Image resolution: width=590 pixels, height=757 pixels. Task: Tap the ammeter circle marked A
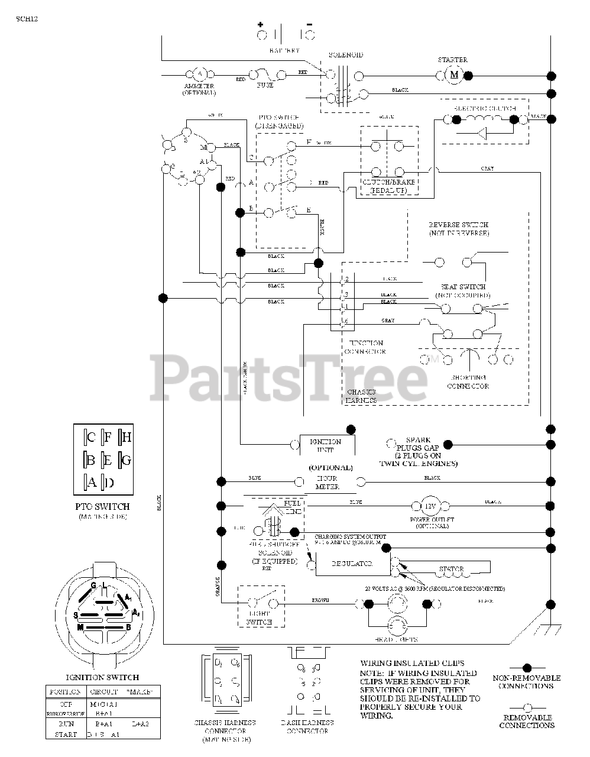tap(199, 75)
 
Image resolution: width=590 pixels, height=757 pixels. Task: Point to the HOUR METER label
tap(327, 482)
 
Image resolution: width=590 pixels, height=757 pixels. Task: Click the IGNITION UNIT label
tap(326, 445)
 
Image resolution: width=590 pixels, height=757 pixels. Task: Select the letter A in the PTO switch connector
tap(92, 482)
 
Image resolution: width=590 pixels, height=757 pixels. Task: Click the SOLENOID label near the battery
tap(345, 55)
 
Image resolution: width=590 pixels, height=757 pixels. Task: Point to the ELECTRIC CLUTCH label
tap(485, 108)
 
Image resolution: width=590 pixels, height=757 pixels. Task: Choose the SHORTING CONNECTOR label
tap(468, 381)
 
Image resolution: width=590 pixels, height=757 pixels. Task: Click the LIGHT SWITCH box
tap(261, 606)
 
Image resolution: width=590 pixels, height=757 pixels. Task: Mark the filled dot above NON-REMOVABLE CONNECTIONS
tap(527, 668)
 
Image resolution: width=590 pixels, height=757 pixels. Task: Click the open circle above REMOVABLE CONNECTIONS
tap(527, 707)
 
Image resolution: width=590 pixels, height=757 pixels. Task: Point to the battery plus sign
tap(260, 24)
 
